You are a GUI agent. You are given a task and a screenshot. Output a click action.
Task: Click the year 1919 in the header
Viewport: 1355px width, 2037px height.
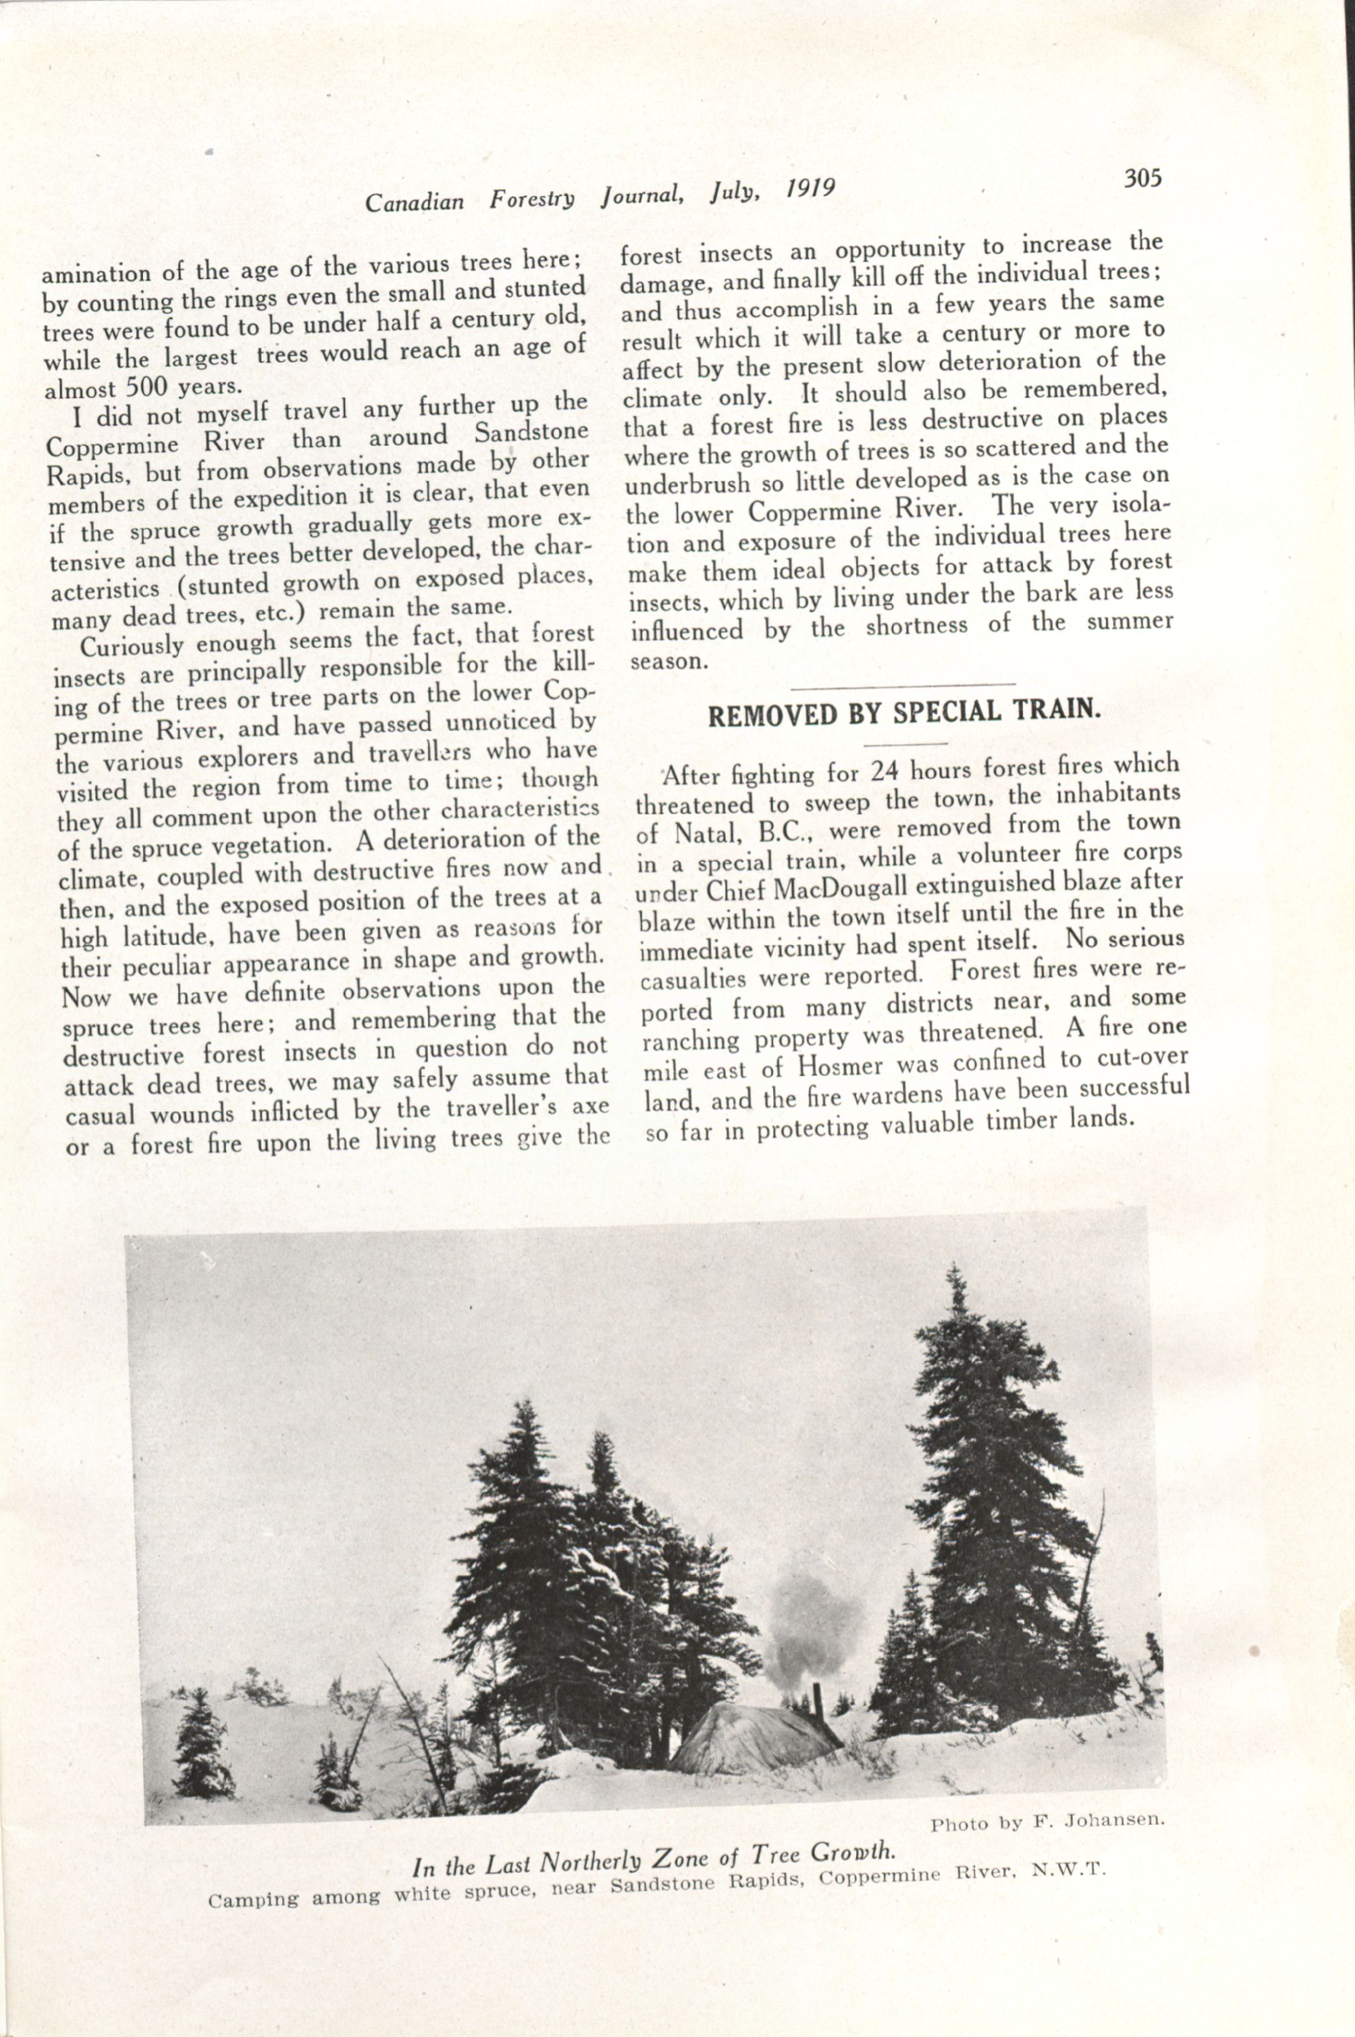click(811, 189)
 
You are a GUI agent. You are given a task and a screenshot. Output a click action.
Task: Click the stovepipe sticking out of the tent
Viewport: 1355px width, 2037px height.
click(817, 1673)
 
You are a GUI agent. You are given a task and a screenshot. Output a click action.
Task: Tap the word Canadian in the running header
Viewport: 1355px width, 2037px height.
click(415, 202)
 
